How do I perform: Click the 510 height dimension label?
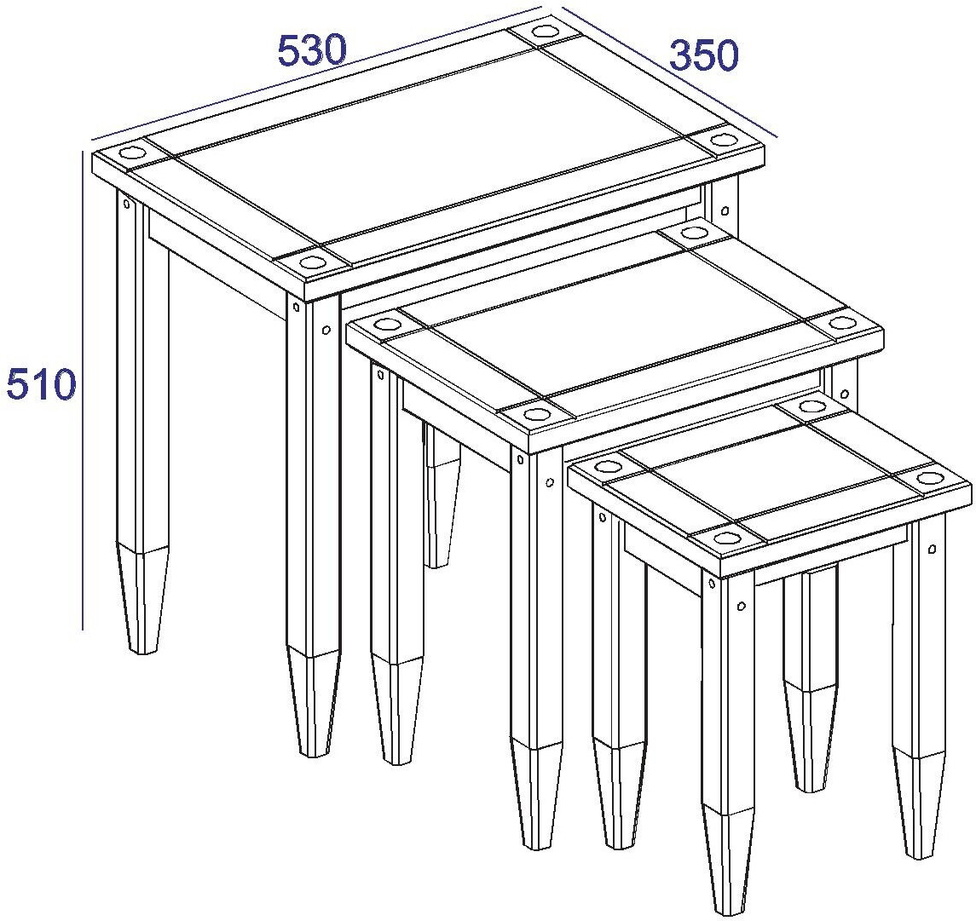point(40,384)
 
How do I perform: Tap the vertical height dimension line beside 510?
point(83,389)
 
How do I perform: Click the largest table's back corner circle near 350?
point(545,32)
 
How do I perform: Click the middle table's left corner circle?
point(387,325)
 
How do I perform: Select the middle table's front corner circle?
point(535,414)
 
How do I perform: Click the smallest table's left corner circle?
point(608,466)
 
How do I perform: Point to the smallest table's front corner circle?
point(725,537)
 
